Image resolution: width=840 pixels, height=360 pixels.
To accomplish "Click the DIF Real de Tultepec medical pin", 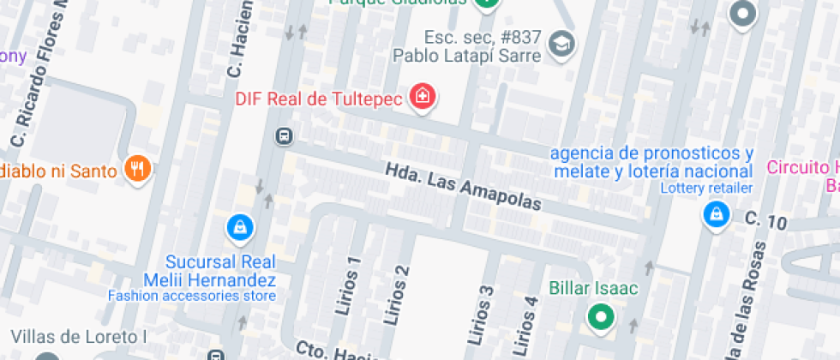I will [x=422, y=97].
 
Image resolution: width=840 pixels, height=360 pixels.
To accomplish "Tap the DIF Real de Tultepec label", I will [x=319, y=99].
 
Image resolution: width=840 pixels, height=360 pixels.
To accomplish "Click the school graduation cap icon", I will [x=561, y=43].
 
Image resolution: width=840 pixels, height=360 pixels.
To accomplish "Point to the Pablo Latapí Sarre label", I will [x=467, y=56].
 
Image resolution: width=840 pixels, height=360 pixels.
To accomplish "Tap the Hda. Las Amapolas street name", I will [x=464, y=188].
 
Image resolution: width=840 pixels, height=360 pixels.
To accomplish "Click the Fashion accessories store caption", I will [x=192, y=296].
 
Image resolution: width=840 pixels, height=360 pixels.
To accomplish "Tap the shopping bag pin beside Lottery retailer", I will [x=715, y=214].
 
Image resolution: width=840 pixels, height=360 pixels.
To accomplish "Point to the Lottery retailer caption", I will [x=707, y=189].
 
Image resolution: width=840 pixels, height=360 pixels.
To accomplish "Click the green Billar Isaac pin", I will [x=601, y=317].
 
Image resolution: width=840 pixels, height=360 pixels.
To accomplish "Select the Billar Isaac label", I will [x=593, y=288].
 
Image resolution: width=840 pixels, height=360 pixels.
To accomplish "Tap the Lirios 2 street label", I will [x=397, y=296].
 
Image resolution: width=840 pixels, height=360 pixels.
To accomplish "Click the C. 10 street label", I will [x=765, y=221].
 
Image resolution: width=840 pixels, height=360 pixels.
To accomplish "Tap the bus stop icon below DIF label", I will [x=283, y=136].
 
